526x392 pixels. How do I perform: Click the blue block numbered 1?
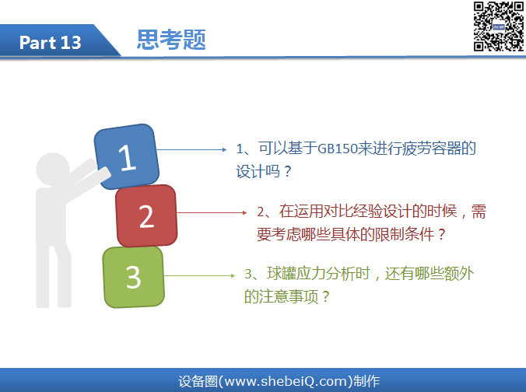point(127,156)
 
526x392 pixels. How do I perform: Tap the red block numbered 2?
point(146,216)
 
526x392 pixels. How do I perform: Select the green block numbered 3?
point(134,277)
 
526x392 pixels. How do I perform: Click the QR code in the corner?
point(499,26)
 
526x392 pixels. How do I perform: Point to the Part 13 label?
point(51,43)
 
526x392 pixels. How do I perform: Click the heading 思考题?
point(171,40)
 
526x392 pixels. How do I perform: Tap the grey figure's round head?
point(53,169)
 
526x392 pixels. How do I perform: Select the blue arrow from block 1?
point(191,149)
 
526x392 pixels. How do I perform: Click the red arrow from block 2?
point(212,212)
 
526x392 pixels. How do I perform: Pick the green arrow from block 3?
point(200,275)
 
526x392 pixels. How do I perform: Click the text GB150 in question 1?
point(337,149)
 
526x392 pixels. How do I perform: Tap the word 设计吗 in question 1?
point(258,172)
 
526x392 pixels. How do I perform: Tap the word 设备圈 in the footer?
point(198,382)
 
